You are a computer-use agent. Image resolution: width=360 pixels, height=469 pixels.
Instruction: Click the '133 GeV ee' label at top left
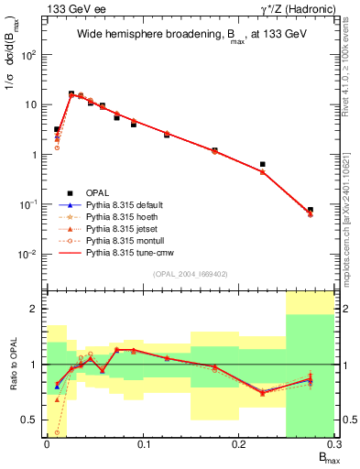coord(74,8)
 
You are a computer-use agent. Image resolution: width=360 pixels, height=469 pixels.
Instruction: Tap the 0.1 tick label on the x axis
coord(142,443)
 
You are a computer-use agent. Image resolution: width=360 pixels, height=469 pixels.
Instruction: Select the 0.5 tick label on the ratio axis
coord(32,420)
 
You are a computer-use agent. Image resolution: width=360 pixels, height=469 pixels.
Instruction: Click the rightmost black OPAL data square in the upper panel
coord(311,210)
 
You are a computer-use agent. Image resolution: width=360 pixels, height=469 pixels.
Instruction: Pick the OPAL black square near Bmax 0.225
coord(263,165)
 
